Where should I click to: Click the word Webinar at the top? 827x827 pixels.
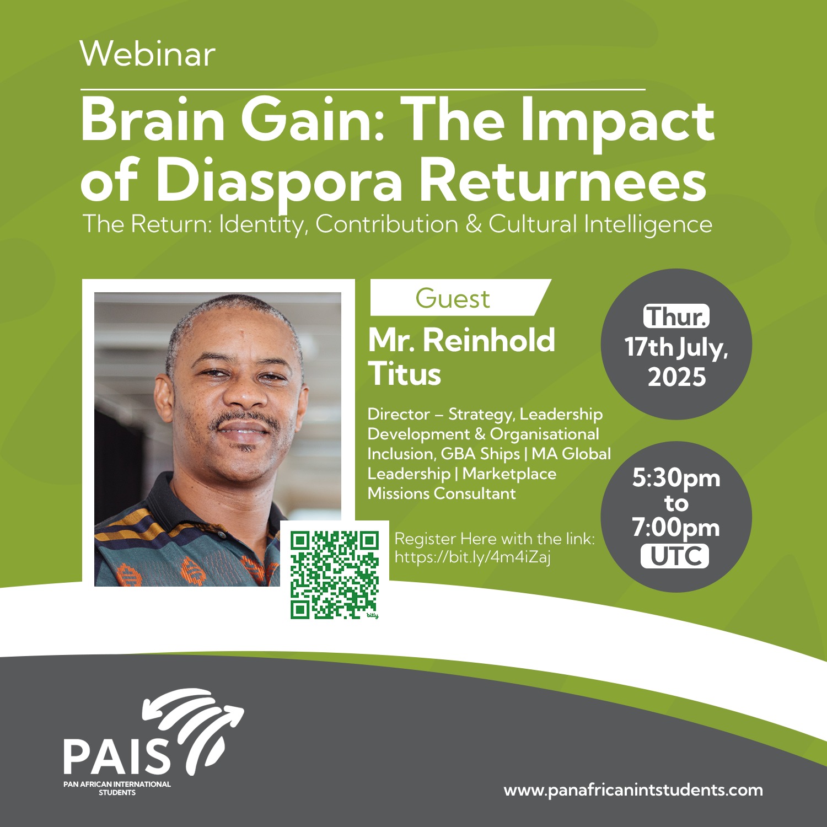pyautogui.click(x=148, y=54)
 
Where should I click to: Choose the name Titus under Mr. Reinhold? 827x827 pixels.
pyautogui.click(x=405, y=374)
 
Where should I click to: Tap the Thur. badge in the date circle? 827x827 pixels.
pyautogui.click(x=676, y=316)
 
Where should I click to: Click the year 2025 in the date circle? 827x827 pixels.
pyautogui.click(x=677, y=377)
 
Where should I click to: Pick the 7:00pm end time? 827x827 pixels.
pyautogui.click(x=676, y=528)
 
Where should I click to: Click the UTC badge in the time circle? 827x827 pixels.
pyautogui.click(x=675, y=556)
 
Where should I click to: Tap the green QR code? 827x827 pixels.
pyautogui.click(x=335, y=574)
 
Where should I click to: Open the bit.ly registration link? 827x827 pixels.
pyautogui.click(x=472, y=557)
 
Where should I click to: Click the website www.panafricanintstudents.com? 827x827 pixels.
pyautogui.click(x=633, y=790)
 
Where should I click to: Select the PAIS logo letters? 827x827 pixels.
pyautogui.click(x=117, y=756)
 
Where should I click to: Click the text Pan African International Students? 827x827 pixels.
pyautogui.click(x=117, y=788)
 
